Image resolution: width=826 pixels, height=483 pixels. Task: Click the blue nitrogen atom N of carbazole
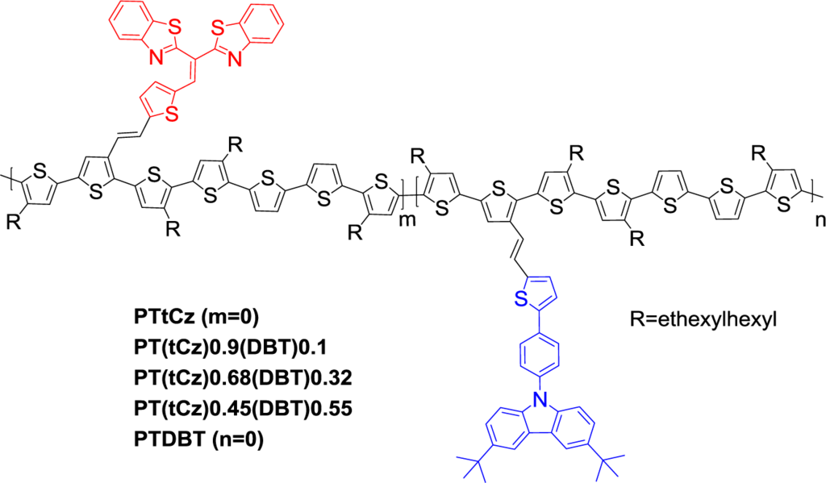(536, 397)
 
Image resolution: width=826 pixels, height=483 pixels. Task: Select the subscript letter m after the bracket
(412, 220)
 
